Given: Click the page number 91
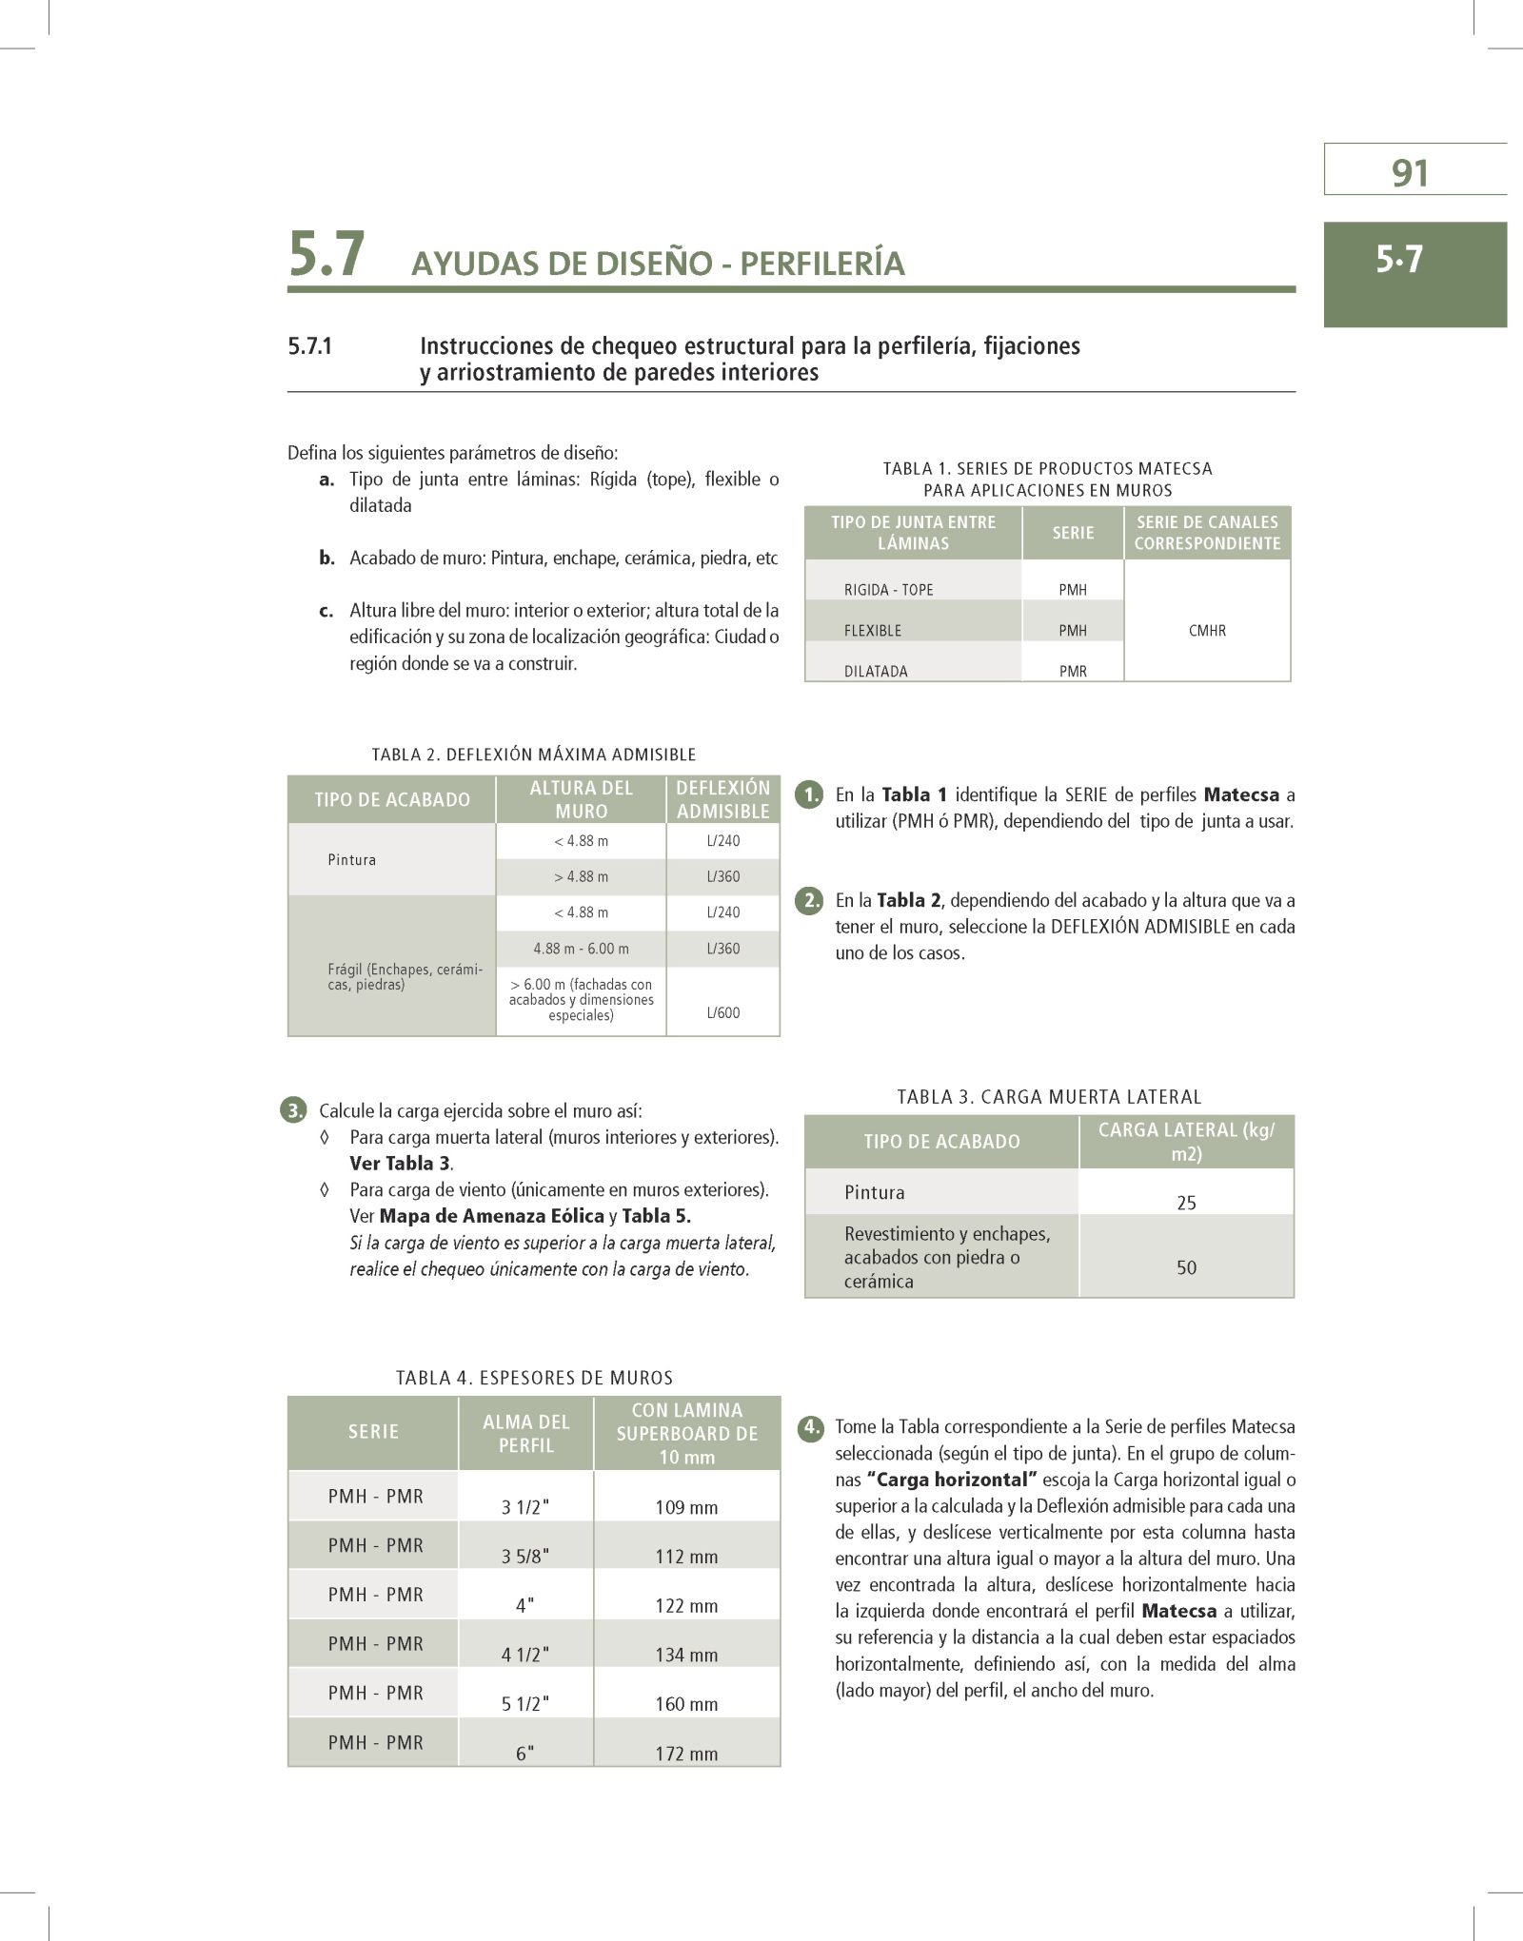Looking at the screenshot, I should (x=1410, y=173).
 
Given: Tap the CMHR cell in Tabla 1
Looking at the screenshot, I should (x=1207, y=631).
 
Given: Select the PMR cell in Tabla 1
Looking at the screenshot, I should (x=1073, y=671).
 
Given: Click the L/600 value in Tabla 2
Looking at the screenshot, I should (x=723, y=1012).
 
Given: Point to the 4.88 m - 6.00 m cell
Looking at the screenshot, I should (x=581, y=949).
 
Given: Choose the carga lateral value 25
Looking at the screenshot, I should (x=1186, y=1203).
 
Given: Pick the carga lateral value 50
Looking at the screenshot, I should (x=1186, y=1267).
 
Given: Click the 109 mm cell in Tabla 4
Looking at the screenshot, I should (x=686, y=1507).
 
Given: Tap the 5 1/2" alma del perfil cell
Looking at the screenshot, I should (x=525, y=1704).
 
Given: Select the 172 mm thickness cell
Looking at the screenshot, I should (x=686, y=1754).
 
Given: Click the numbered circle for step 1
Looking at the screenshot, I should (x=808, y=794).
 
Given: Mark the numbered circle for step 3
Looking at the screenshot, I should (x=294, y=1110).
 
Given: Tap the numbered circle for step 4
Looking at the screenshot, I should (x=809, y=1427).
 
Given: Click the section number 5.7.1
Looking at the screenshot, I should (x=310, y=346).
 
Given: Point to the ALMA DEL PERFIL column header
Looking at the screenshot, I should (x=525, y=1434).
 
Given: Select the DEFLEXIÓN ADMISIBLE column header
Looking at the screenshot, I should (x=723, y=799).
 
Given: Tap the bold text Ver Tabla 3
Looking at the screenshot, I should (x=400, y=1164).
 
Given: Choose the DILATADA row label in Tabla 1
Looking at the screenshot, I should (x=876, y=671).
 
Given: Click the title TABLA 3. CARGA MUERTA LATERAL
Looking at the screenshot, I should (x=1049, y=1097).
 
